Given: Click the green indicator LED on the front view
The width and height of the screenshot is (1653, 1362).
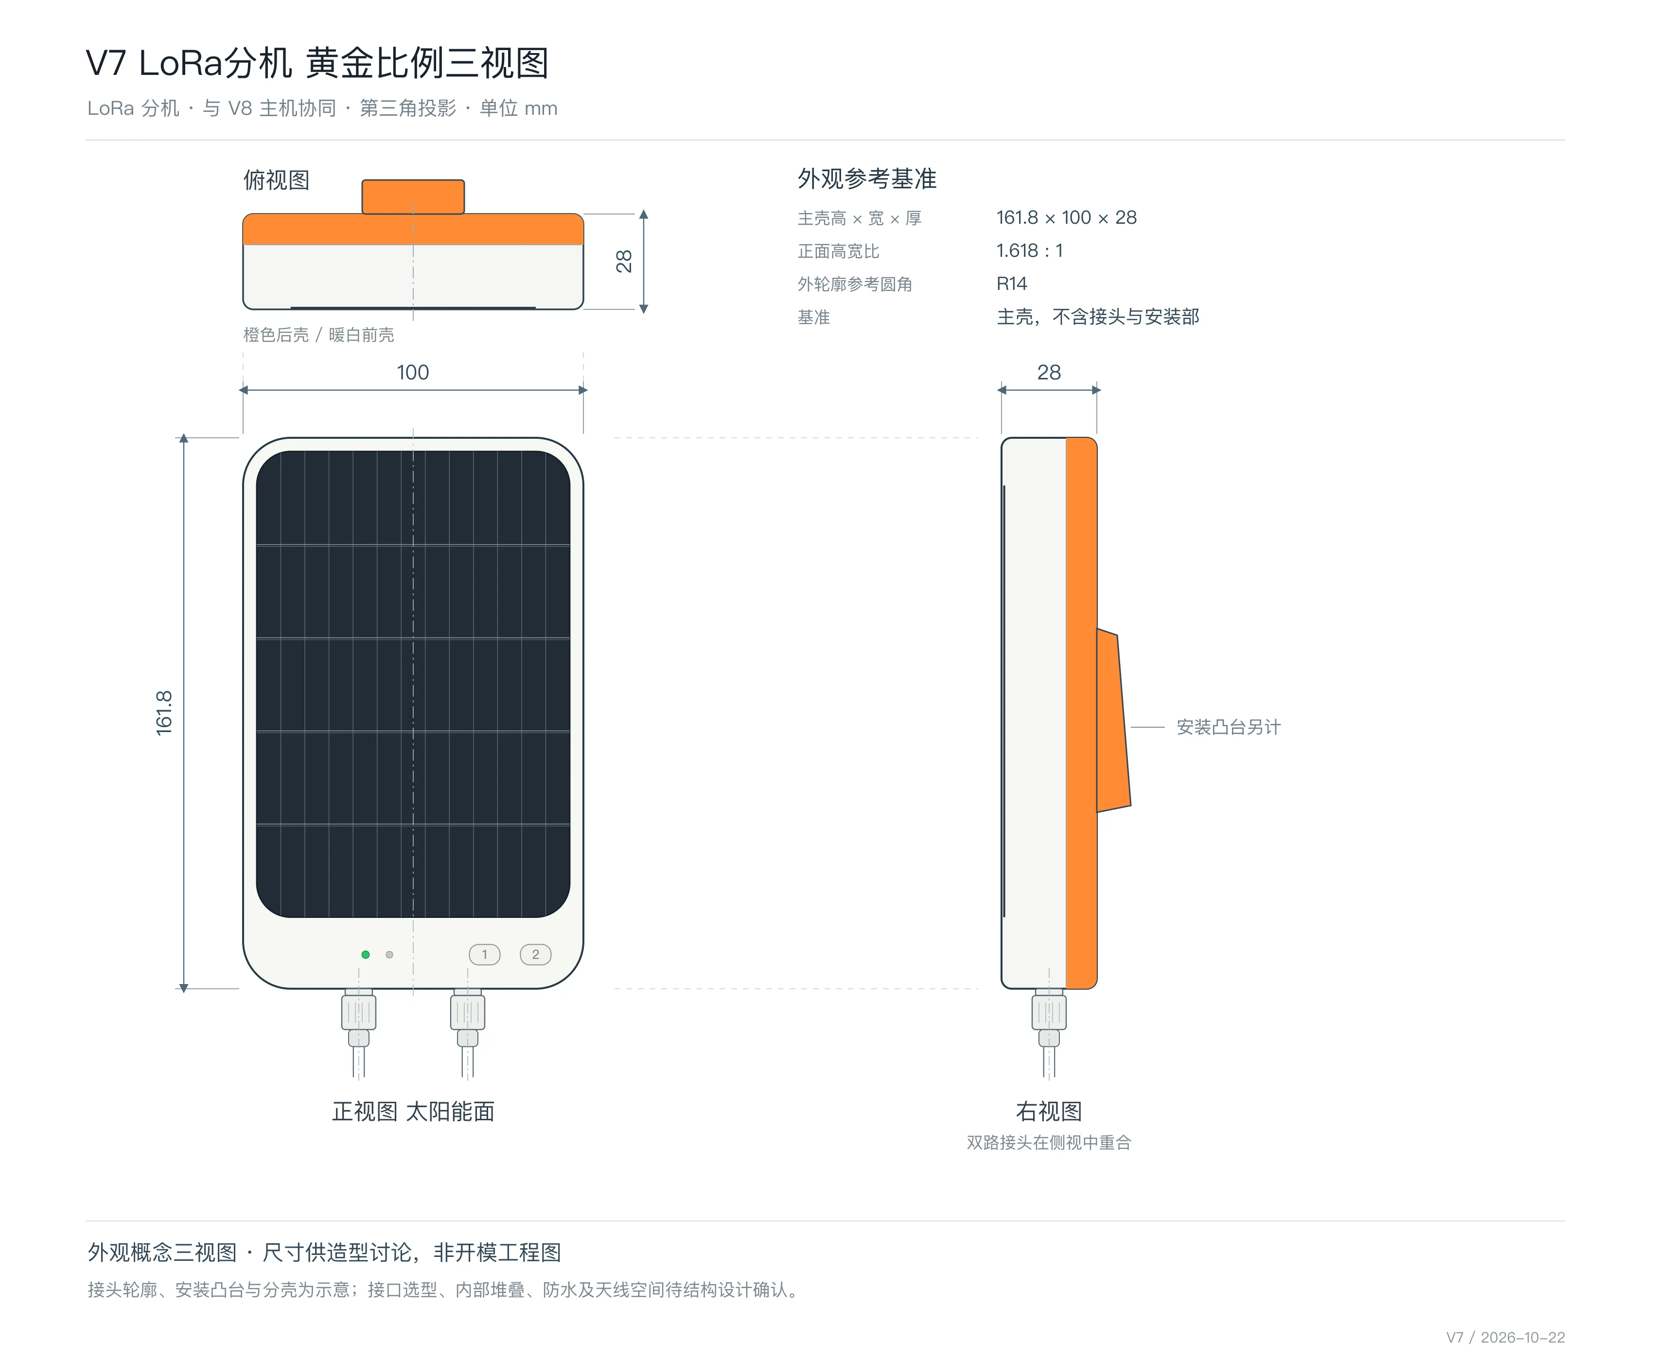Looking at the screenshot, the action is (366, 955).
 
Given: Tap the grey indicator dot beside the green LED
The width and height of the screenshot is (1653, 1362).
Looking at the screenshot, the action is (390, 955).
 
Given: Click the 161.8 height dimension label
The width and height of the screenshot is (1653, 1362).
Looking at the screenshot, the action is (164, 713).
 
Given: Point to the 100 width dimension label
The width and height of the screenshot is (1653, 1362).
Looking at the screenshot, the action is (412, 373).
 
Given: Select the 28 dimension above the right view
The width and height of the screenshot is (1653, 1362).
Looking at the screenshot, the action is (1049, 373).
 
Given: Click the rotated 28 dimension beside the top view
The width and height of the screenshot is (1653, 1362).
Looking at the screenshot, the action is (624, 261).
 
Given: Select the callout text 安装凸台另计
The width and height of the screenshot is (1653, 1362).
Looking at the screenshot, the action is (1228, 727).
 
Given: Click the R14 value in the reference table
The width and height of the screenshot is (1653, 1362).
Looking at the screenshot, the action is (1012, 284).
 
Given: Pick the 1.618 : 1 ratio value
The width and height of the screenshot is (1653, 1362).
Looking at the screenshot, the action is (1030, 251).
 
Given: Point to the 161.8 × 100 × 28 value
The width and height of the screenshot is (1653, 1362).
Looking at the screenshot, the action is (1067, 218).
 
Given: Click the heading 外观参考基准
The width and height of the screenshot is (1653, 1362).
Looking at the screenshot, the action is (867, 179).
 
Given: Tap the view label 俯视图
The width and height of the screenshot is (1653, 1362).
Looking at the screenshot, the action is (277, 180).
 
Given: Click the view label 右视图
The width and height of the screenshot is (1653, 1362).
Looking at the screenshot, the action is (1049, 1111).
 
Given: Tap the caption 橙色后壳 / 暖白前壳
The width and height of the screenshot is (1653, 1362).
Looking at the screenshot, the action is (318, 335).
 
